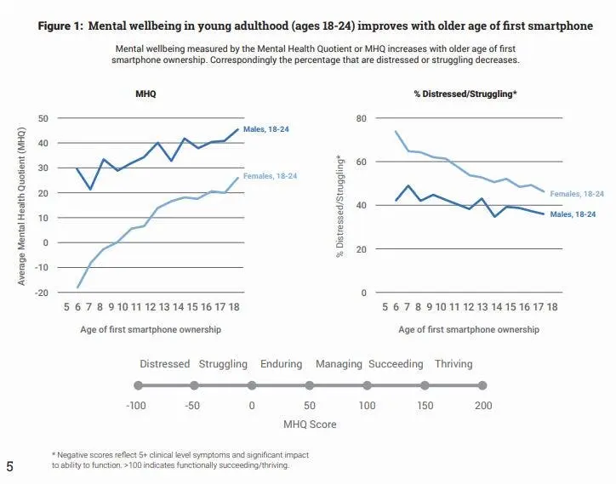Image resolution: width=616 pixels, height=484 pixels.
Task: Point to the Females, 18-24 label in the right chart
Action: pos(578,194)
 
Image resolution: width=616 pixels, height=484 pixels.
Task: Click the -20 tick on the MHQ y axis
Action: pos(40,293)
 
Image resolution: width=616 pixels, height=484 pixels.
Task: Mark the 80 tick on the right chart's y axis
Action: pos(360,118)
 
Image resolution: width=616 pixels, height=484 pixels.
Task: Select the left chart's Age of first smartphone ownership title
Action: pos(152,329)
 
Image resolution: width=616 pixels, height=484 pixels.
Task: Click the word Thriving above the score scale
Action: pos(453,364)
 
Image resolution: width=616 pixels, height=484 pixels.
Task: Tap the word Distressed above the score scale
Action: pos(165,364)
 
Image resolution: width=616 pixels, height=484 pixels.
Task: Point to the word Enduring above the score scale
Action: pos(282,364)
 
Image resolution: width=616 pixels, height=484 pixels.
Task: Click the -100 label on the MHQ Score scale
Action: pos(136,406)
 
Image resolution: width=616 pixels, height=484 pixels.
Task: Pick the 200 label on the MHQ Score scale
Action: pos(483,406)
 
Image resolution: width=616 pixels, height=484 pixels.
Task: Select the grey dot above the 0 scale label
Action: pos(252,385)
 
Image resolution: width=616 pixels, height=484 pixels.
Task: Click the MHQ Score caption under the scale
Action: pos(310,423)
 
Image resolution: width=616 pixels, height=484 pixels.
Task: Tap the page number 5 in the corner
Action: pos(9,465)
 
